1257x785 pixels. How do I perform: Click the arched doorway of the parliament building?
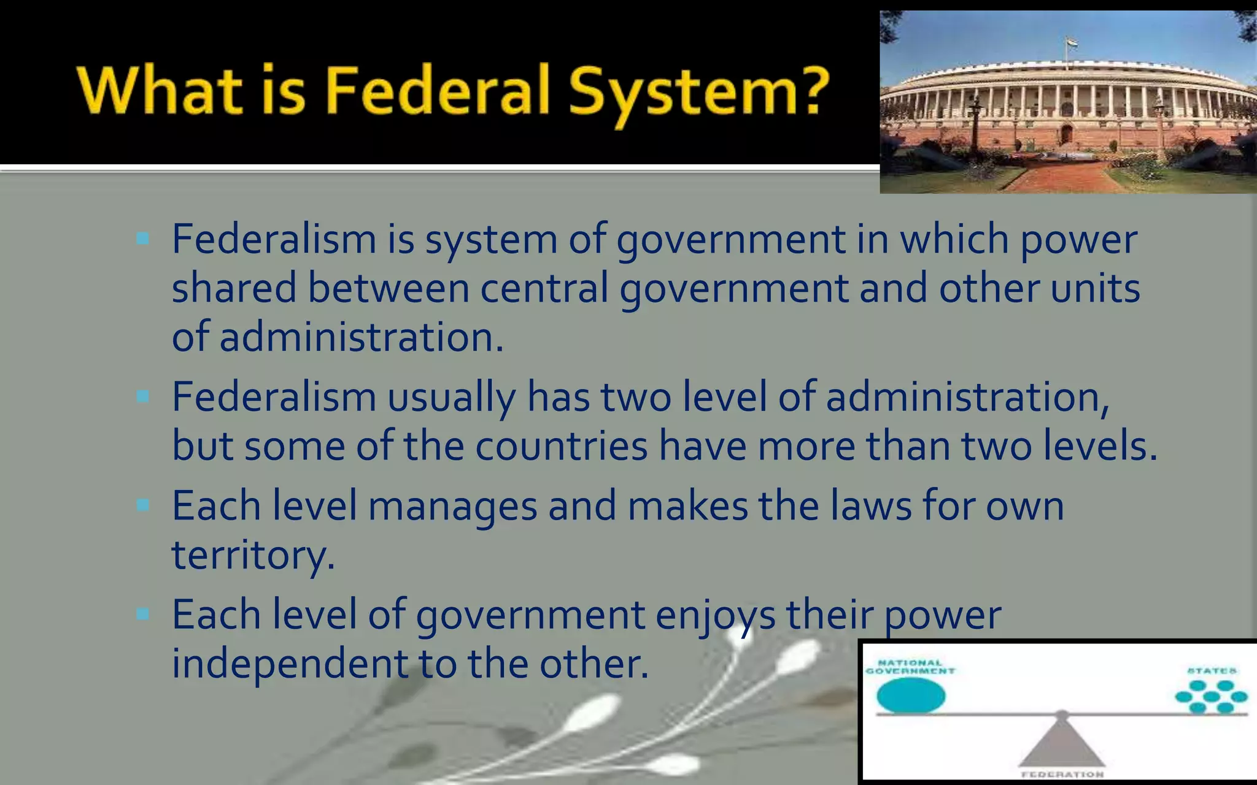(1066, 134)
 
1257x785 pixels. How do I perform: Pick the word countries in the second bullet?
(561, 446)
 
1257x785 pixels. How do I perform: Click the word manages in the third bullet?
(452, 507)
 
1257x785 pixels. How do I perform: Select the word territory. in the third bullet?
(253, 555)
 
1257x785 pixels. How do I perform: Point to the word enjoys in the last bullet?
(715, 615)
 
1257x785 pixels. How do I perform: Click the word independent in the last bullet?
(290, 664)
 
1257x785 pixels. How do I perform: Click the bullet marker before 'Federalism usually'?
(143, 397)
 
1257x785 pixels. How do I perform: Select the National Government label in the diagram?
(910, 667)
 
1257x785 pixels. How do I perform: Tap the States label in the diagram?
(1212, 671)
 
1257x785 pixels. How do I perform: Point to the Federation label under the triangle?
(1062, 775)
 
